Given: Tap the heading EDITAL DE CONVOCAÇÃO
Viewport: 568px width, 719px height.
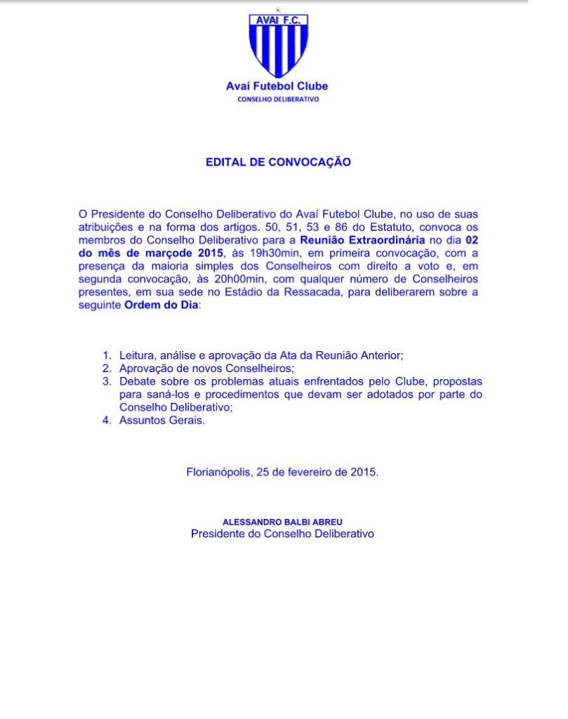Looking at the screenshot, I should (278, 162).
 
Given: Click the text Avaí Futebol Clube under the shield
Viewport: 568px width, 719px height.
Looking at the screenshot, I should (277, 86).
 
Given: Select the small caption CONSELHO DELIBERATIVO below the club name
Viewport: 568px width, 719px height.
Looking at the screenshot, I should (277, 100).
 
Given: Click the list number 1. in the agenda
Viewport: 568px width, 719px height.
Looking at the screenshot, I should (107, 356).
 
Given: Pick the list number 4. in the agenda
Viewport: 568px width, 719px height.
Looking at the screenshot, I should (107, 421).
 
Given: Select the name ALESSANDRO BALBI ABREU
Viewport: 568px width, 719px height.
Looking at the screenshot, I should (282, 522).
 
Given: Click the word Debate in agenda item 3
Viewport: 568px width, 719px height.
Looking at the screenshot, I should (138, 382).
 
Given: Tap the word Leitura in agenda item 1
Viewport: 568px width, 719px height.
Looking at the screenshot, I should (138, 356).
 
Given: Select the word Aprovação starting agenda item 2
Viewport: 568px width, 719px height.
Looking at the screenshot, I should (146, 369).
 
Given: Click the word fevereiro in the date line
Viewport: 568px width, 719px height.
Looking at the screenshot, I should (308, 473).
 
